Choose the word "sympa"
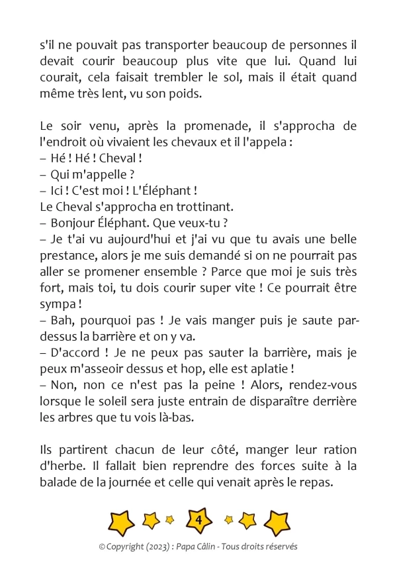(56, 303)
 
